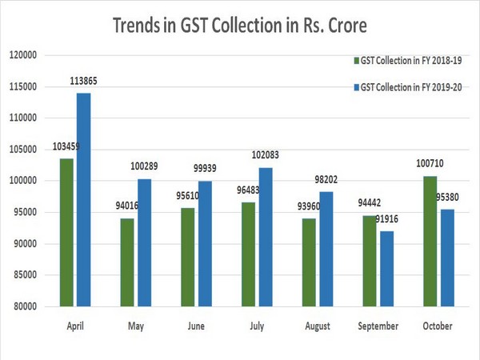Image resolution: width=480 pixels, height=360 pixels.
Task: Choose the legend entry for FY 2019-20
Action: click(409, 86)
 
